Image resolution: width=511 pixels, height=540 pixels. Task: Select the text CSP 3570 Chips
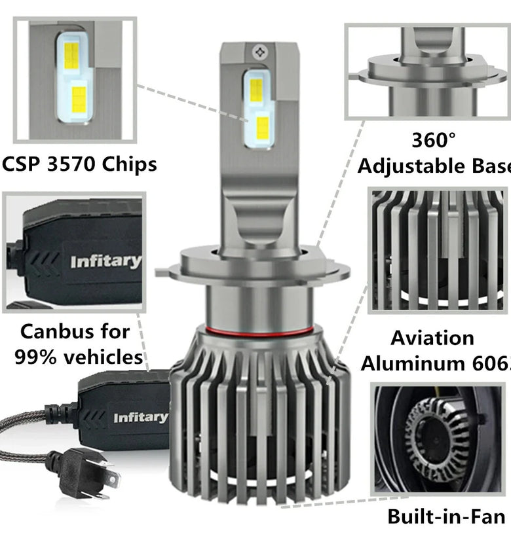point(79,164)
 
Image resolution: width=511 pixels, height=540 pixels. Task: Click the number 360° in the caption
point(433,140)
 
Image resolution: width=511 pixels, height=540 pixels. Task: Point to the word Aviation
point(432,338)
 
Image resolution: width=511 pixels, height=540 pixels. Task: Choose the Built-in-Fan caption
point(445,516)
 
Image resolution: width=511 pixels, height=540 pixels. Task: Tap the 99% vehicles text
point(81,357)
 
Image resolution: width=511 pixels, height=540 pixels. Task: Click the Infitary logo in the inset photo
point(105,262)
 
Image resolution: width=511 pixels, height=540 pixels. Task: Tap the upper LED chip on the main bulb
point(256,90)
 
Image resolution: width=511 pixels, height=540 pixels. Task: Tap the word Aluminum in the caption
point(419,363)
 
